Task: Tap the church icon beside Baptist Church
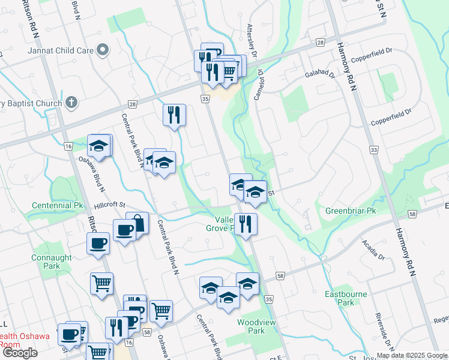coord(71,103)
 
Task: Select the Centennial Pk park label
coord(58,205)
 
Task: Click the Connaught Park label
coord(46,262)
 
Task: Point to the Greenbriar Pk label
coord(350,211)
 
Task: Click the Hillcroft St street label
coord(108,205)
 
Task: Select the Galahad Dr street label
coord(319,74)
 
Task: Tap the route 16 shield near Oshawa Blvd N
coord(68,146)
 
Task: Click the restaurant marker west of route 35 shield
coord(174,114)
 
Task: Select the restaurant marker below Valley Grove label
coord(246,224)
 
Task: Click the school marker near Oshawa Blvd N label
coord(100,146)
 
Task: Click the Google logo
coord(20,352)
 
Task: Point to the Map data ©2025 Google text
coord(412,355)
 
